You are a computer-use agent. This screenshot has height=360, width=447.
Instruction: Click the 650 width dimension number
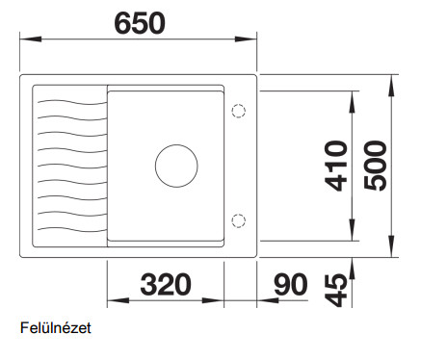pyautogui.click(x=140, y=23)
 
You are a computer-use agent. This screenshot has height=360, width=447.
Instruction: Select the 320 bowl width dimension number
pyautogui.click(x=166, y=284)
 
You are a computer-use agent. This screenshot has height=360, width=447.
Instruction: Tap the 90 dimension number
pyautogui.click(x=291, y=284)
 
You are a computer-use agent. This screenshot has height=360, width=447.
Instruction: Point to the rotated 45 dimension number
pyautogui.click(x=336, y=290)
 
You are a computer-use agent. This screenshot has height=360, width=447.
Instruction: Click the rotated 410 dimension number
pyautogui.click(x=336, y=166)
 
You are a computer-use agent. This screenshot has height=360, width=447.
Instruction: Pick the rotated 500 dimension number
pyautogui.click(x=375, y=166)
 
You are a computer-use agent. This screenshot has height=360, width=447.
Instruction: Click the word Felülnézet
pyautogui.click(x=56, y=328)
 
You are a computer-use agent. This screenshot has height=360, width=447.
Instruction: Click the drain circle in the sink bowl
pyautogui.click(x=176, y=166)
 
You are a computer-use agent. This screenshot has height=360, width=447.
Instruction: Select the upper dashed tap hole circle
pyautogui.click(x=239, y=111)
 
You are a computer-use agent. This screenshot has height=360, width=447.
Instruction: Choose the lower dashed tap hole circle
pyautogui.click(x=239, y=220)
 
